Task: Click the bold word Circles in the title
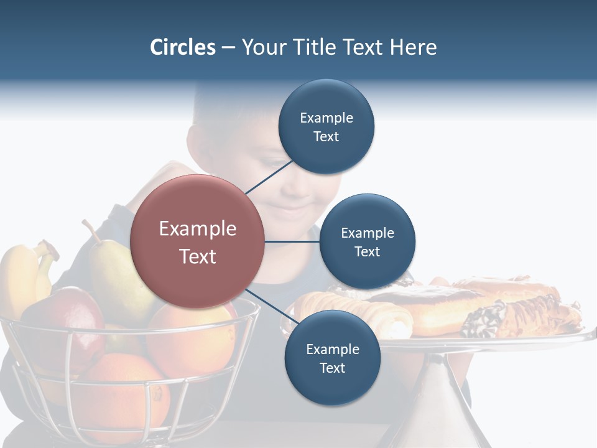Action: (183, 47)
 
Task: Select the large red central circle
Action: (198, 241)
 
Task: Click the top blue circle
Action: (326, 127)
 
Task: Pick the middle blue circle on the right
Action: (368, 241)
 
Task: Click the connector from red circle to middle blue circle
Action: (292, 241)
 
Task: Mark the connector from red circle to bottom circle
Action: (267, 304)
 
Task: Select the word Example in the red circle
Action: (198, 228)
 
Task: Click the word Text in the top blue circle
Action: (326, 136)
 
